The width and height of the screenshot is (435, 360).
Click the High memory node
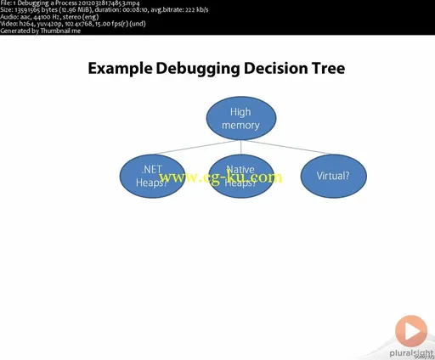240,119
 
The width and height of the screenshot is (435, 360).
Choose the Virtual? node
331,176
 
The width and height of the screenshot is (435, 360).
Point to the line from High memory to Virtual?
293,146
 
